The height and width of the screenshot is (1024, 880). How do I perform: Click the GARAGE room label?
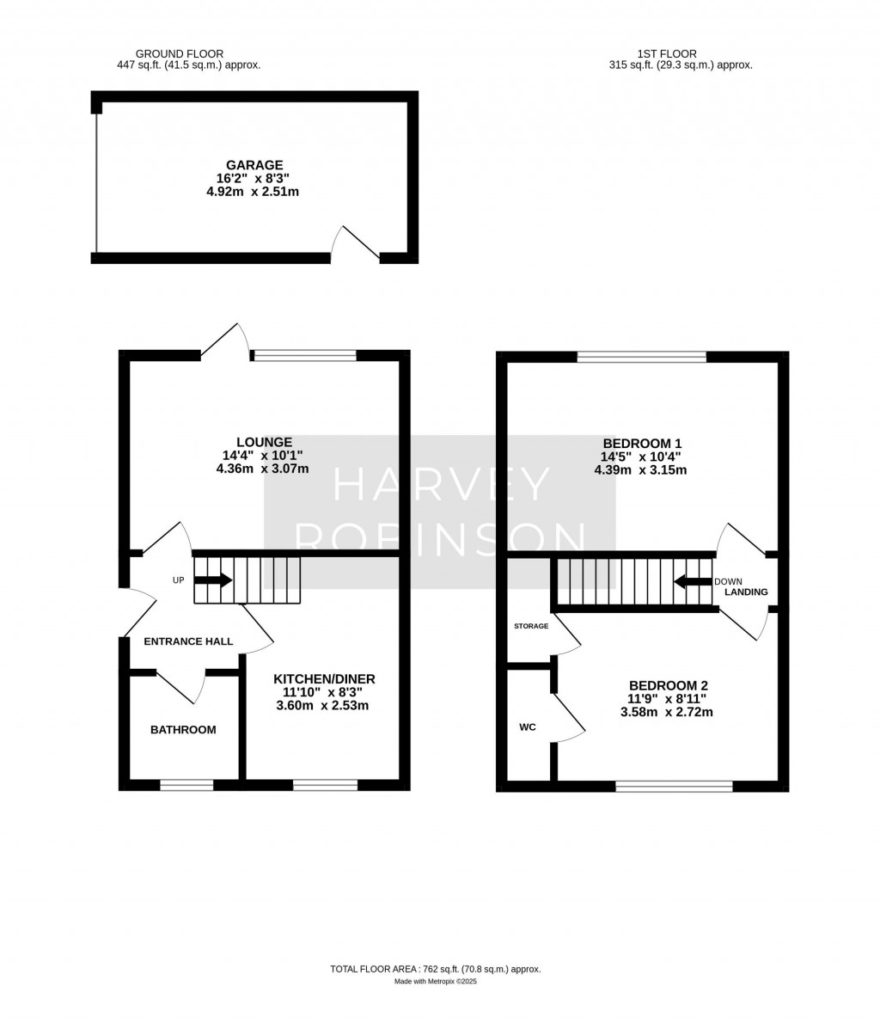point(254,165)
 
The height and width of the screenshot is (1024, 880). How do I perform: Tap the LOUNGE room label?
point(265,442)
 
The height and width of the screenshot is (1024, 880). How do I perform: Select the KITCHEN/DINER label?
point(325,679)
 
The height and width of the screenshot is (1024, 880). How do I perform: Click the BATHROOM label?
point(183,730)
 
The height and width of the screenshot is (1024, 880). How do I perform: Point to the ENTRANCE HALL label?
point(189,641)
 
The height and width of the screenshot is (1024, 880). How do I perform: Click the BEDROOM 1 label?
point(642,444)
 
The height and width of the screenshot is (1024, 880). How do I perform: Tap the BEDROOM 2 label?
point(669,686)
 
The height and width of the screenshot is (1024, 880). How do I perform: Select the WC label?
point(528,727)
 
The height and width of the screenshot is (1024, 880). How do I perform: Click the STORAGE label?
point(531,626)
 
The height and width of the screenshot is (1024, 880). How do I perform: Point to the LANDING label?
point(746,592)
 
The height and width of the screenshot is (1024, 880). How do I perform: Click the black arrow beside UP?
point(213,579)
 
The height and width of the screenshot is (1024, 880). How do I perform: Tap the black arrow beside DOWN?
point(693,581)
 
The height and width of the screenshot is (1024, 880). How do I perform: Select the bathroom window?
point(186,785)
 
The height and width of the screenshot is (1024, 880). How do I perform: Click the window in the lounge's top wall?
point(305,356)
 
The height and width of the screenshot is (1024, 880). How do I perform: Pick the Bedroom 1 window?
point(642,357)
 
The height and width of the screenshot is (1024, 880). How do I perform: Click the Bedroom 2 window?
point(675,787)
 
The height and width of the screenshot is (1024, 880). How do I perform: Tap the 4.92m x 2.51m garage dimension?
point(253,192)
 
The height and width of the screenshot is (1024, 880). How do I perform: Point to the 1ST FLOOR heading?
point(667,54)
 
